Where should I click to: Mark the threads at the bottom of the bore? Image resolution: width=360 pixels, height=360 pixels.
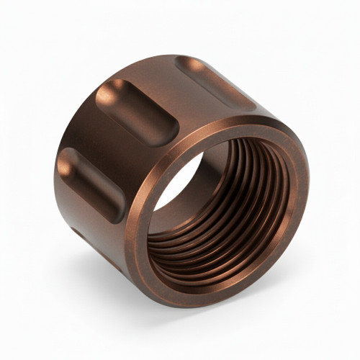point(216,252)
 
